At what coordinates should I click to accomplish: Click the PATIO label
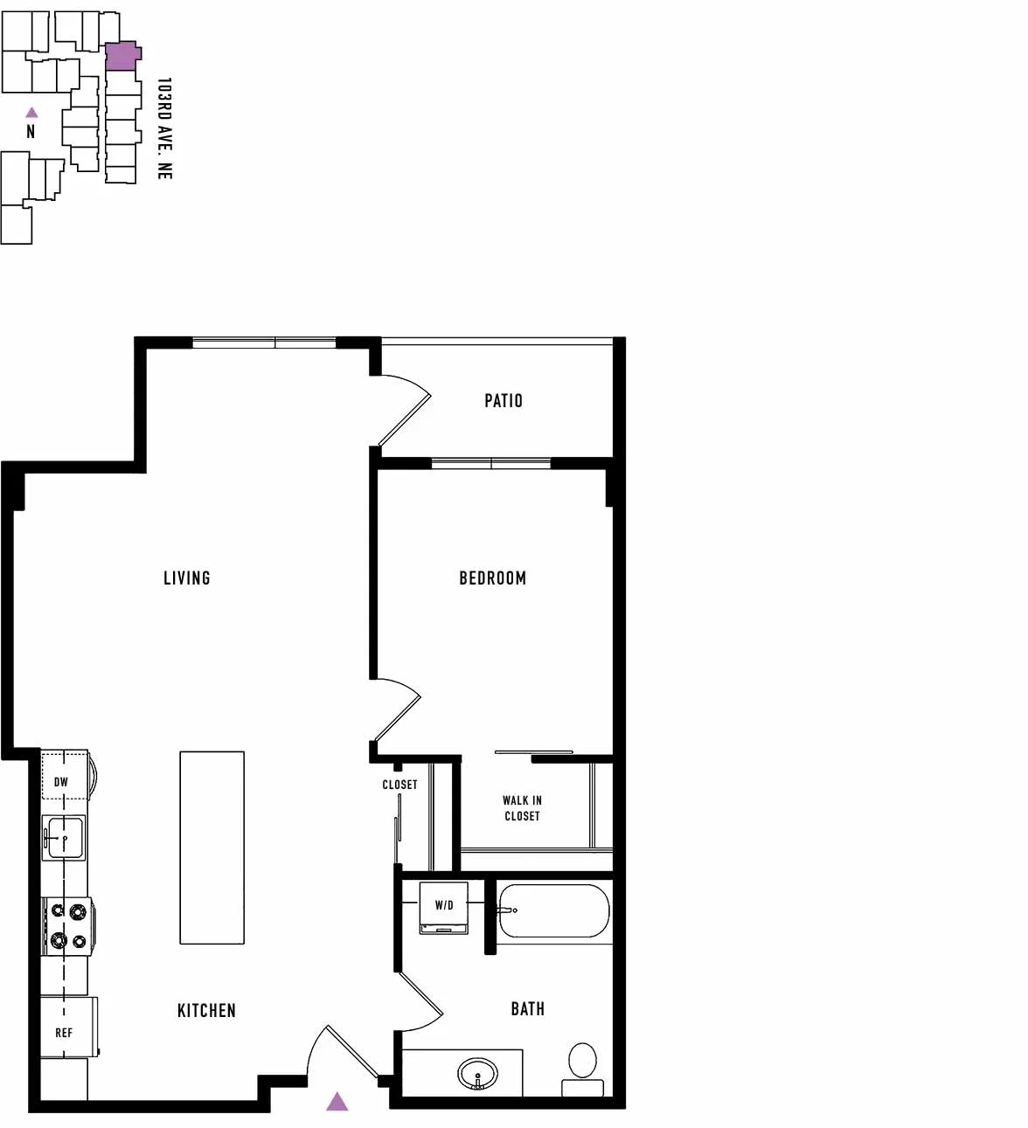503,401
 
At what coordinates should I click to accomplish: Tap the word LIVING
187,578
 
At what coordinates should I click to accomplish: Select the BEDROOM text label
492,578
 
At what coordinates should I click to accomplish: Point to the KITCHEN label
206,1010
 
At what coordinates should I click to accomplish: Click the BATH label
527,1009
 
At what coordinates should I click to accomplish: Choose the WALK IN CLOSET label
522,808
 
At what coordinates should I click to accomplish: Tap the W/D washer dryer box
443,908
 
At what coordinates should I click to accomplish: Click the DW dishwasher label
61,782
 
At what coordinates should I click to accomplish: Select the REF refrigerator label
64,1033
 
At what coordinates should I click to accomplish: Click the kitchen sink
64,838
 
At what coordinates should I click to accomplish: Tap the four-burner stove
67,926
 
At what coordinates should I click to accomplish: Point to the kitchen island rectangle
212,848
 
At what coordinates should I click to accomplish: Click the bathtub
553,911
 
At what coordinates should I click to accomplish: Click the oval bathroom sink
477,1074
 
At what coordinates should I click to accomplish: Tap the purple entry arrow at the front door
337,1102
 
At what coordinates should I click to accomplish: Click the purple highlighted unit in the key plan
122,56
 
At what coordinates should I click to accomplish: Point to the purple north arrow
32,112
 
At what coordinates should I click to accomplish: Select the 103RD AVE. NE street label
164,128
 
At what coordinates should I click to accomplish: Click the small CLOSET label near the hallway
399,785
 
